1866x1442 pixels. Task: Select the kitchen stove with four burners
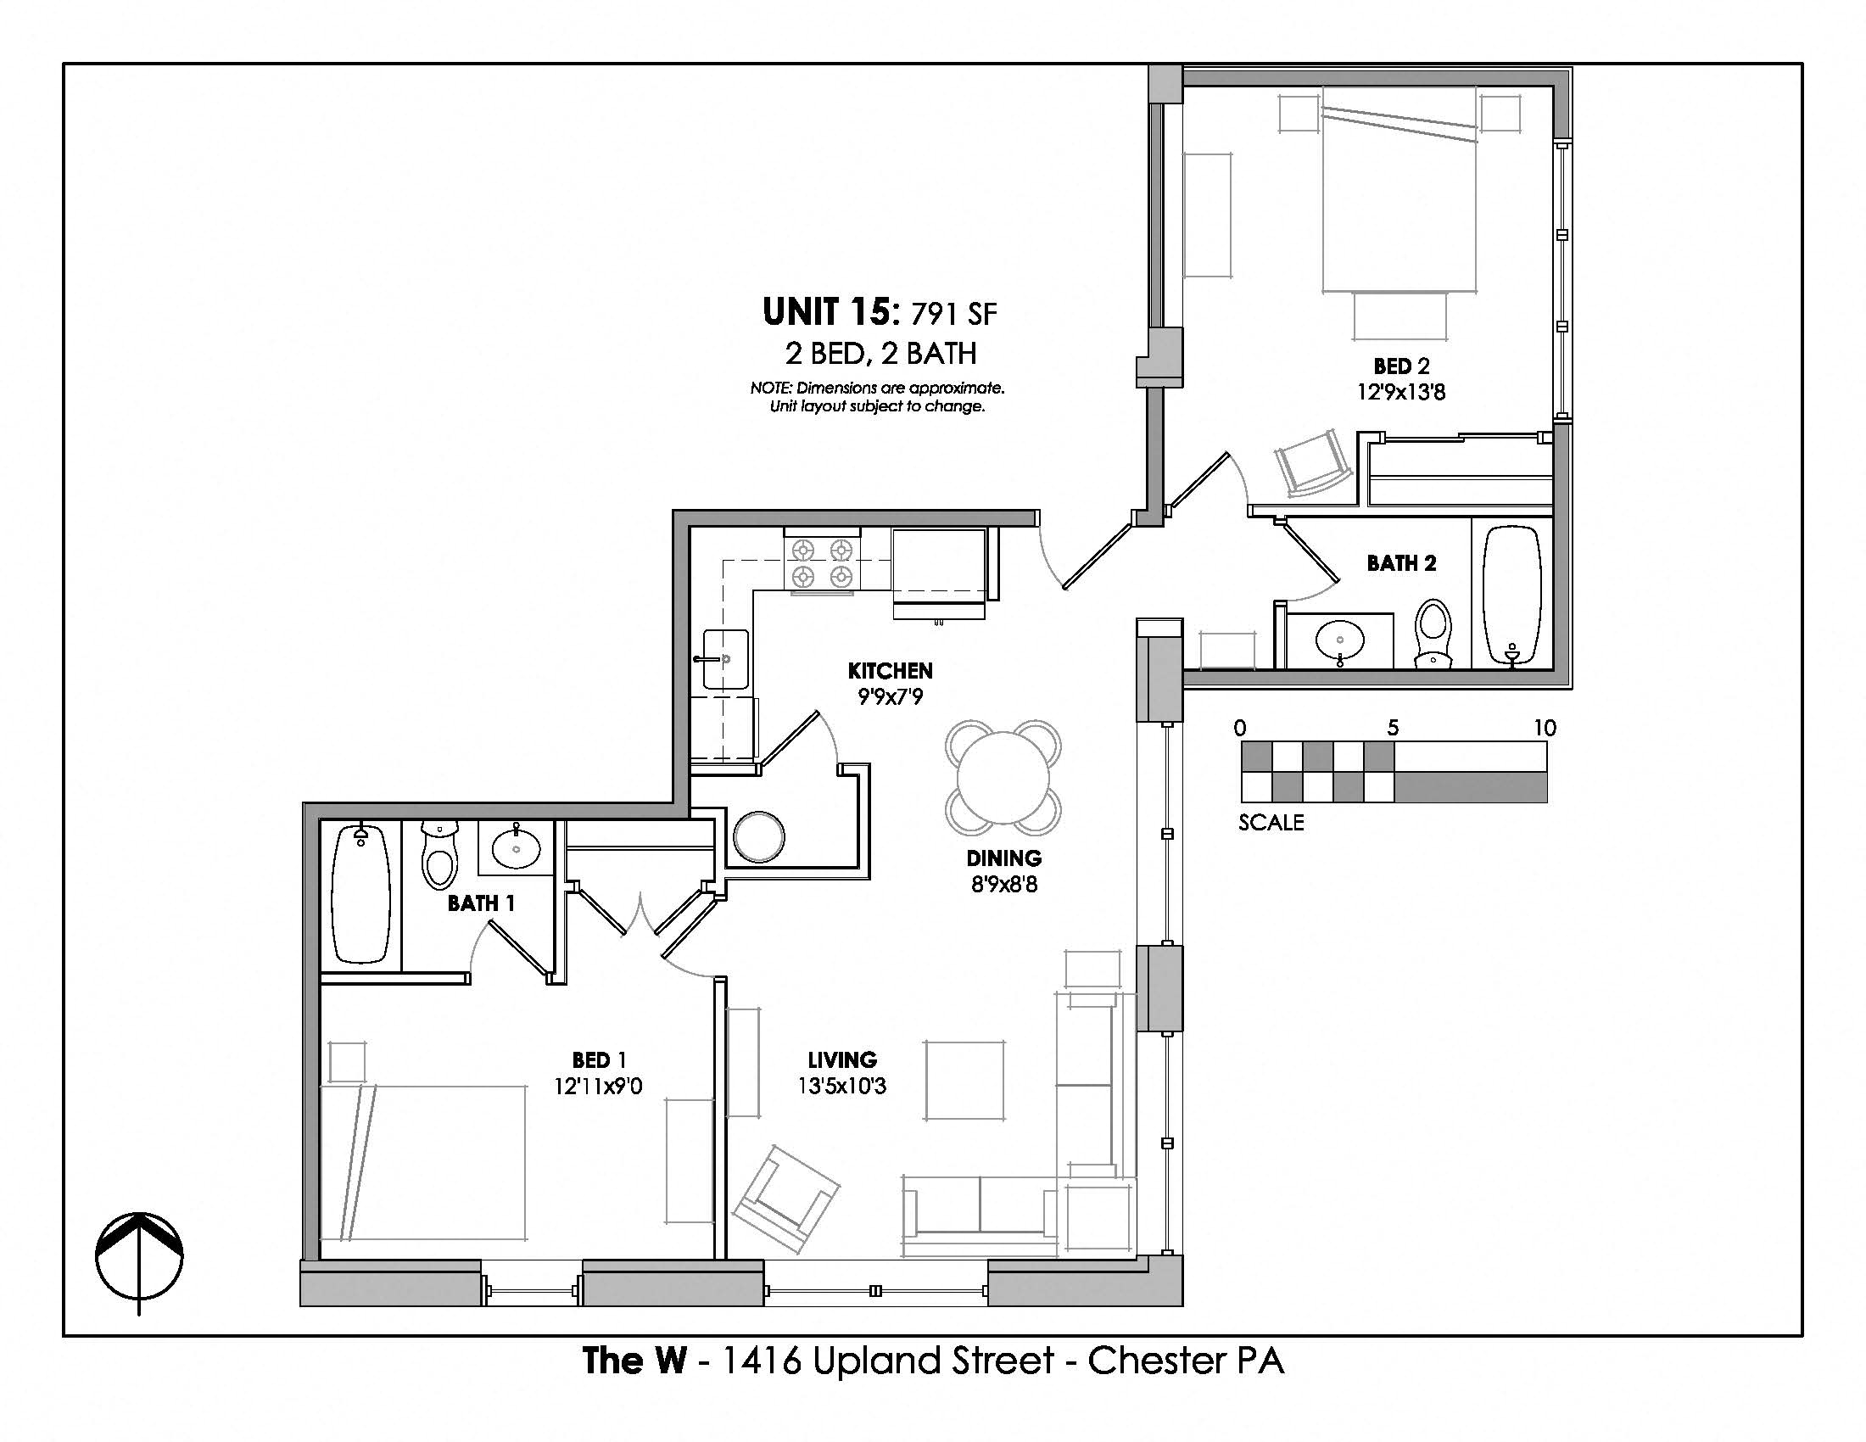(x=822, y=564)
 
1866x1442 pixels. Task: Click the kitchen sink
(x=725, y=659)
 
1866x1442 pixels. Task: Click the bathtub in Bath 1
(x=360, y=894)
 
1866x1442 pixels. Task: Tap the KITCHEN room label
(x=890, y=671)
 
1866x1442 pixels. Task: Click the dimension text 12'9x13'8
(x=1401, y=392)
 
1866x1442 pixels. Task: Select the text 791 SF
(x=953, y=316)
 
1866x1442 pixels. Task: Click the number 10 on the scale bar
(x=1544, y=728)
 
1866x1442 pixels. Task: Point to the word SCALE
(x=1271, y=823)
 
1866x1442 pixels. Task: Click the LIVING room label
(x=842, y=1060)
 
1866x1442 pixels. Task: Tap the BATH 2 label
(x=1401, y=563)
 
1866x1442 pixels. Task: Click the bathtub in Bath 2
(x=1511, y=595)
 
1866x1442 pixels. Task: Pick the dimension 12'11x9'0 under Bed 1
(x=598, y=1087)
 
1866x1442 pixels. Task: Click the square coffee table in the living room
(x=964, y=1080)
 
